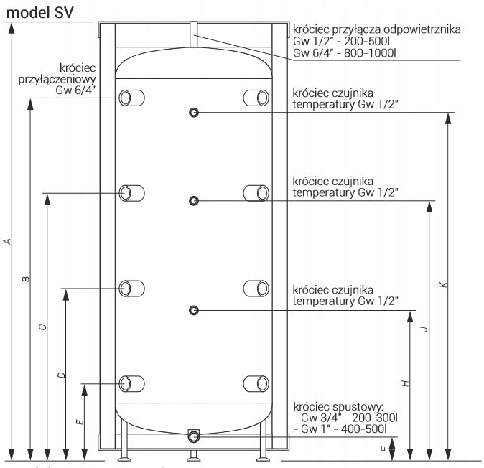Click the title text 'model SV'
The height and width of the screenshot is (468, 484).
pyautogui.click(x=39, y=13)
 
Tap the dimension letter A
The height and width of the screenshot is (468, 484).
pyautogui.click(x=8, y=241)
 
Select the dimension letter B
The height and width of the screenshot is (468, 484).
pyautogui.click(x=27, y=279)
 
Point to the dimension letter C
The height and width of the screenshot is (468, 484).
pyautogui.click(x=43, y=327)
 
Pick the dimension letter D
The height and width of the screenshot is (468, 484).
pyautogui.click(x=62, y=375)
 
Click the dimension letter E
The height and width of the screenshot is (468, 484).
pyautogui.click(x=80, y=422)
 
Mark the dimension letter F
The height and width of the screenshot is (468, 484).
pyautogui.click(x=384, y=449)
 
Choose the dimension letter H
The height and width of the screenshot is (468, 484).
pyautogui.click(x=405, y=383)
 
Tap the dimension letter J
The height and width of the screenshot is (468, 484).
pyautogui.click(x=424, y=329)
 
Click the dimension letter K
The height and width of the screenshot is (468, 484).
pyautogui.click(x=444, y=284)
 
